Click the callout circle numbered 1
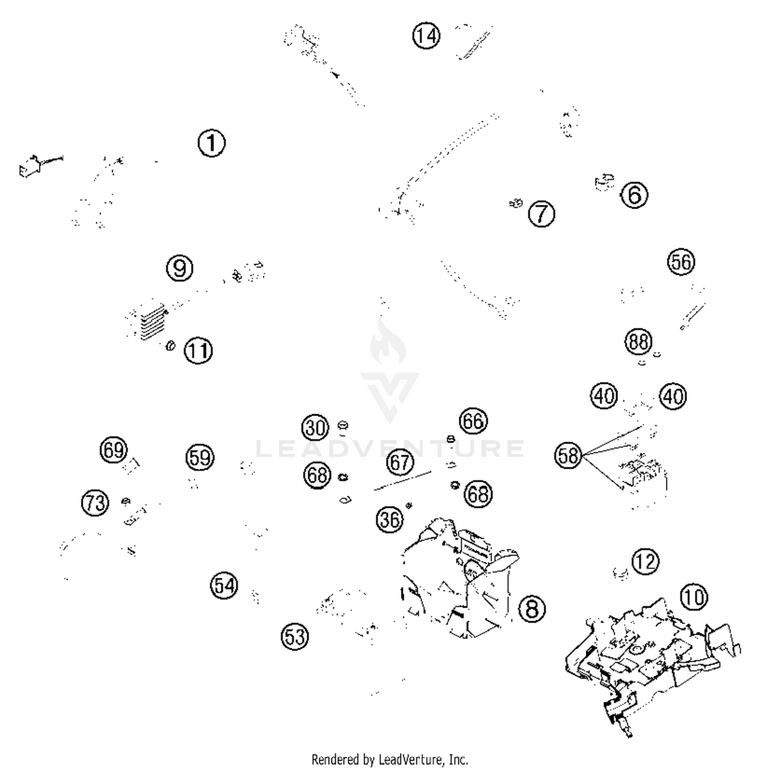tap(211, 143)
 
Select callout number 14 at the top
tap(426, 36)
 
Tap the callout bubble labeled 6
tap(634, 195)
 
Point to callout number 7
tap(541, 214)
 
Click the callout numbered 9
tap(180, 268)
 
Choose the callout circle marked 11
tap(198, 351)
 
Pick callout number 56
tap(681, 262)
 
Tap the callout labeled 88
tap(638, 342)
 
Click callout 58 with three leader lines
tap(568, 456)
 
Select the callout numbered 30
tap(315, 427)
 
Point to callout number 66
tap(473, 420)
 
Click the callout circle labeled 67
tap(400, 462)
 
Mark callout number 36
tap(389, 519)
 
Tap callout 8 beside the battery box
tap(532, 608)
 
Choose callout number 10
tap(694, 597)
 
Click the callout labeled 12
tap(645, 562)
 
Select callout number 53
tap(295, 636)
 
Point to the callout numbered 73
tap(95, 503)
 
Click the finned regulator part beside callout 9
tap(152, 323)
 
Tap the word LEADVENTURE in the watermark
tap(389, 448)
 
